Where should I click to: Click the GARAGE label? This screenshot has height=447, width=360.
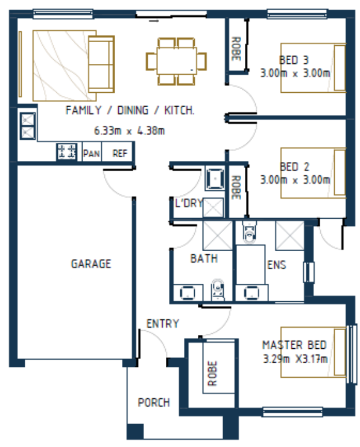coord(91,264)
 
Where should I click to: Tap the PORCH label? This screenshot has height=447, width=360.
coord(154,402)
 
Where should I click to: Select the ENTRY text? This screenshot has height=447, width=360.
coord(163,324)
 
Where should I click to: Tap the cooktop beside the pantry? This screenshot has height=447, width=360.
coord(67,151)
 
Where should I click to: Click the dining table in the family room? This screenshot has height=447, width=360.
coord(176,61)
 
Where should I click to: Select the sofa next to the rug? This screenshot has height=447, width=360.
coord(101,64)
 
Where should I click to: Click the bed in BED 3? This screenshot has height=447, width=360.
coord(313,68)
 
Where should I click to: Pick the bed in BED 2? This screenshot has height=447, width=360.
coord(313,173)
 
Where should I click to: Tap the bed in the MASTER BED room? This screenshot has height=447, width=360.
coord(313,352)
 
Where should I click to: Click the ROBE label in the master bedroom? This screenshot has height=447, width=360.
coord(212,373)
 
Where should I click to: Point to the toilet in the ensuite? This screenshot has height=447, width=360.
coord(250,233)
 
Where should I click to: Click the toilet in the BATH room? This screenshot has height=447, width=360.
coord(218,289)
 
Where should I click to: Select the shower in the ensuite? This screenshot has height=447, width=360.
coord(289,236)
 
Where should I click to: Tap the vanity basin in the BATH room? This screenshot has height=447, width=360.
coord(187,293)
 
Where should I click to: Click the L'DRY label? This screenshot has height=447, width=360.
coord(189,203)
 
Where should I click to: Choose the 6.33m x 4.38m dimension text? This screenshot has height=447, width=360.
coord(130,131)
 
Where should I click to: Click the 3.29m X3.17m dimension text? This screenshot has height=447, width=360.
coord(295,358)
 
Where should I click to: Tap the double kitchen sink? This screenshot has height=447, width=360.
coord(28,126)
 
